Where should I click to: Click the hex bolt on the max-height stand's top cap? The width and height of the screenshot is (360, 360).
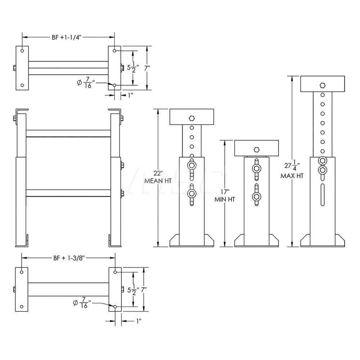click(x=323, y=85)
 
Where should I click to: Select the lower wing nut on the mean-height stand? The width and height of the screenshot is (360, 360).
click(x=192, y=194)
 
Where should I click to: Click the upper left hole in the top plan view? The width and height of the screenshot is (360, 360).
click(x=22, y=51)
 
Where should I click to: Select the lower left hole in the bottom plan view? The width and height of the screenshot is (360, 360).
click(x=22, y=307)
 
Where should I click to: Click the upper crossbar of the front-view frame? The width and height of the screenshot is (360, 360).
click(x=68, y=133)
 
